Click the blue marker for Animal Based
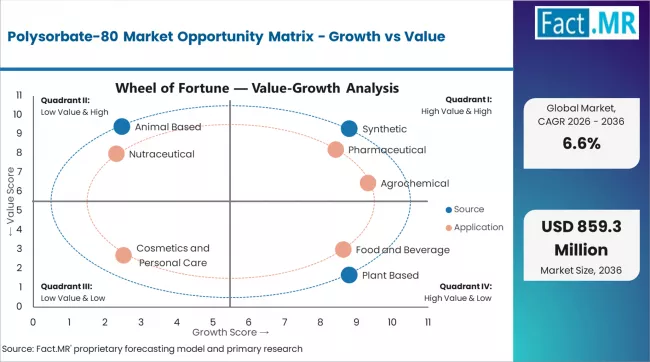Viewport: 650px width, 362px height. click(122, 127)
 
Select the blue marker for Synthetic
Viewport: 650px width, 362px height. click(348, 129)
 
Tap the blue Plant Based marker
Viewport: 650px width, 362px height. click(349, 275)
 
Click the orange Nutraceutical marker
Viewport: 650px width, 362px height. click(116, 154)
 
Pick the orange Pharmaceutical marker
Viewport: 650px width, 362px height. click(336, 150)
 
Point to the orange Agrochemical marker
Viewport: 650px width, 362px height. click(368, 183)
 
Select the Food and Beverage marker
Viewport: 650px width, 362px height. click(343, 249)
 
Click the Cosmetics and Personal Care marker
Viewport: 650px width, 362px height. click(123, 255)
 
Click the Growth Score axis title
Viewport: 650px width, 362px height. click(230, 331)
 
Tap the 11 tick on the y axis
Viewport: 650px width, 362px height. click(19, 95)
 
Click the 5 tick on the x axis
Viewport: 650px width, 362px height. click(212, 322)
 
